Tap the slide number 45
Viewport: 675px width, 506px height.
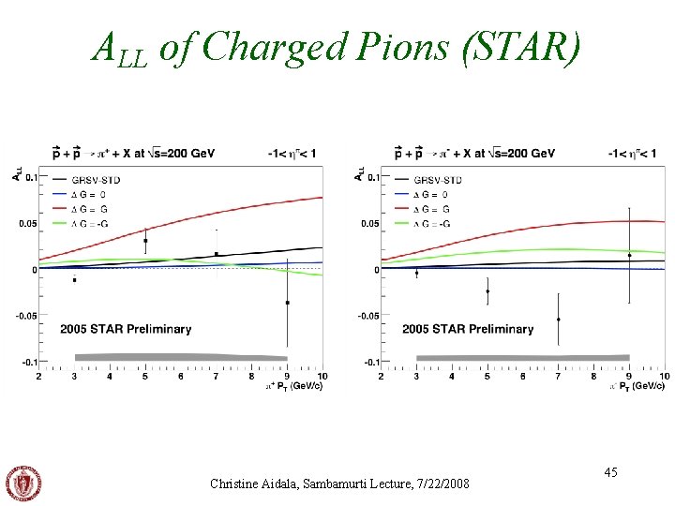point(610,473)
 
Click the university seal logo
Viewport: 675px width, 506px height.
point(24,482)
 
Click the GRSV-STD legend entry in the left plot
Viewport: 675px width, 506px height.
point(98,179)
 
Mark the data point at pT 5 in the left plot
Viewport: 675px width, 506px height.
point(145,241)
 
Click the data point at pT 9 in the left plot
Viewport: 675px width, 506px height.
point(287,303)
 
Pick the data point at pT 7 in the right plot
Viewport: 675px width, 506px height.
point(558,320)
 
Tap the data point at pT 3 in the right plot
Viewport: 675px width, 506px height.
point(416,273)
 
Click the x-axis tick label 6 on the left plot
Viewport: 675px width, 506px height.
point(180,377)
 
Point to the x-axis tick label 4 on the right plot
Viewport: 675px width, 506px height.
point(452,377)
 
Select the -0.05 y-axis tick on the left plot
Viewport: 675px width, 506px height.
point(25,316)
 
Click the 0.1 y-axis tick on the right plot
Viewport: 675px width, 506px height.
point(371,177)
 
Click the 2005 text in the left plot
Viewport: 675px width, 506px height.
point(76,329)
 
